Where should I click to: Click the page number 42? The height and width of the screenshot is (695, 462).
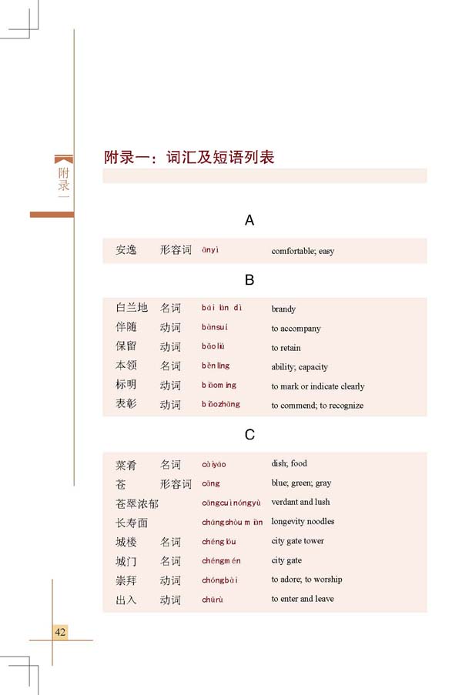click(x=61, y=632)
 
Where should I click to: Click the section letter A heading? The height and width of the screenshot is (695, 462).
click(x=249, y=221)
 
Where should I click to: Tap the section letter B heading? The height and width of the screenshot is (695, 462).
click(x=249, y=279)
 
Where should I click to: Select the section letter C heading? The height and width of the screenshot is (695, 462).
click(x=249, y=435)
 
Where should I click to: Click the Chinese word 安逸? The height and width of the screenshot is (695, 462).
click(x=126, y=250)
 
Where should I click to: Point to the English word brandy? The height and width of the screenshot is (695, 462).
click(x=283, y=309)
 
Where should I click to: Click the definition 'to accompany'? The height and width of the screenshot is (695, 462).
click(x=296, y=329)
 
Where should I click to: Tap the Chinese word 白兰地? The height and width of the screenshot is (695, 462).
click(x=131, y=308)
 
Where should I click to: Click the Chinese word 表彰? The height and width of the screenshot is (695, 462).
click(x=126, y=404)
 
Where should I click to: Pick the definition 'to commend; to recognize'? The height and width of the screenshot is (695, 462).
click(x=317, y=406)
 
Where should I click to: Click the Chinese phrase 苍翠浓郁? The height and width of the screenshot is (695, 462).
click(x=137, y=503)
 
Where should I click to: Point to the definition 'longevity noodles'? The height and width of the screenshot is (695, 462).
click(x=303, y=522)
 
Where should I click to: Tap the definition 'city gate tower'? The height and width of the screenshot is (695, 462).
click(x=298, y=541)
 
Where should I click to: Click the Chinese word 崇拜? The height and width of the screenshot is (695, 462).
click(x=126, y=580)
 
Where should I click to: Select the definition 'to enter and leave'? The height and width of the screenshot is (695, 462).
click(x=303, y=599)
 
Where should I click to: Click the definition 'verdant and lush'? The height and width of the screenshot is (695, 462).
click(x=300, y=503)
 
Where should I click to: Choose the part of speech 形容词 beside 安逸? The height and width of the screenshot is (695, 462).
click(x=176, y=250)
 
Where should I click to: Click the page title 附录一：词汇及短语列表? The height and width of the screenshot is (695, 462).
click(x=189, y=158)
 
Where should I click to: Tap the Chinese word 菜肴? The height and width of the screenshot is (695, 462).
click(x=126, y=464)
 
